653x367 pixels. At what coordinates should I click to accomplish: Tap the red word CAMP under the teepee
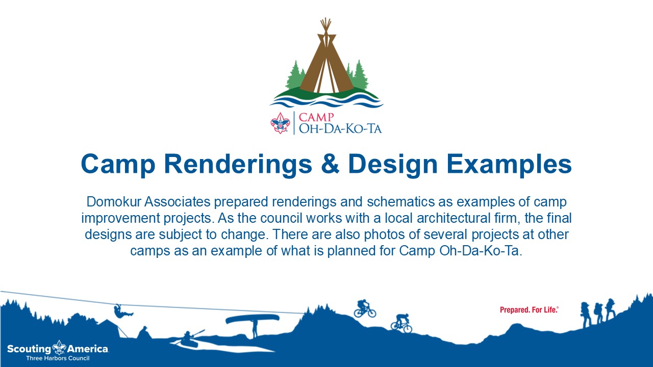316,117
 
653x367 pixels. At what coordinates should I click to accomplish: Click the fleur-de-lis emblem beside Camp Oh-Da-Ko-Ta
281,123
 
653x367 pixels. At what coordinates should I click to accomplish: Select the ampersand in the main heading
330,164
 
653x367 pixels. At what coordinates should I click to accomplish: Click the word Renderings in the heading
238,165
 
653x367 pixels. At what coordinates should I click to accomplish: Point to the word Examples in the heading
509,165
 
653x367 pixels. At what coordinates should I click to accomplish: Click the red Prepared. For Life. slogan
529,309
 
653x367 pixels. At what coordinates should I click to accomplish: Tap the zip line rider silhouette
122,311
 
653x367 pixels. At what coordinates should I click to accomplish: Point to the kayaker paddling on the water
189,339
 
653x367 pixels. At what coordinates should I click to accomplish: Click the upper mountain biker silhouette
365,308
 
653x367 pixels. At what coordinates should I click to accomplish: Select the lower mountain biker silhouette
401,323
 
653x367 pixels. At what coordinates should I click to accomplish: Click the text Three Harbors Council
58,358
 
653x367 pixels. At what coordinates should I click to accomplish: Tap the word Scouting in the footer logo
29,349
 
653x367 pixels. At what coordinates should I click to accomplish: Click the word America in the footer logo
88,349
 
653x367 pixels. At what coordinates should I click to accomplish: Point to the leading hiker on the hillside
611,309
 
